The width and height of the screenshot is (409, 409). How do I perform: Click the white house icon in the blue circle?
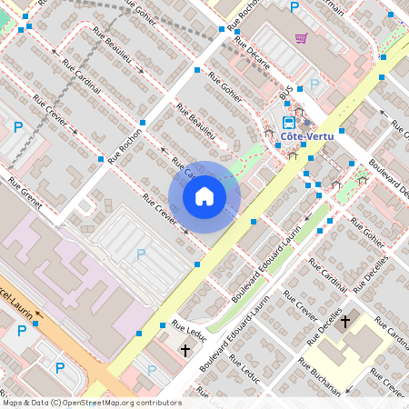(x=204, y=196)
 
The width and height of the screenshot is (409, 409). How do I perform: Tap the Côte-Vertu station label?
(x=304, y=137)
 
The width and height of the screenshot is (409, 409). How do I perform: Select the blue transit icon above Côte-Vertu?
(x=289, y=122)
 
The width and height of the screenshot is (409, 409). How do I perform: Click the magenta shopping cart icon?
(x=301, y=38)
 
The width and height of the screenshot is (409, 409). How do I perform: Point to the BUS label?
(x=286, y=95)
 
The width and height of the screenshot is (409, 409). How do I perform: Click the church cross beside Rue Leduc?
(x=185, y=349)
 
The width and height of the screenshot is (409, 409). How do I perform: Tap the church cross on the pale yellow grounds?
(x=345, y=321)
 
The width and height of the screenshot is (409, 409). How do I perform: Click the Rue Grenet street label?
(x=25, y=192)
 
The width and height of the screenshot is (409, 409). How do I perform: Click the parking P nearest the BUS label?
(x=314, y=85)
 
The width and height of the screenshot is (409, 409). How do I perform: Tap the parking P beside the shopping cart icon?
(x=294, y=7)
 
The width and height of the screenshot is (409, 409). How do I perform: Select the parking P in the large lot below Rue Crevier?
(x=141, y=254)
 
